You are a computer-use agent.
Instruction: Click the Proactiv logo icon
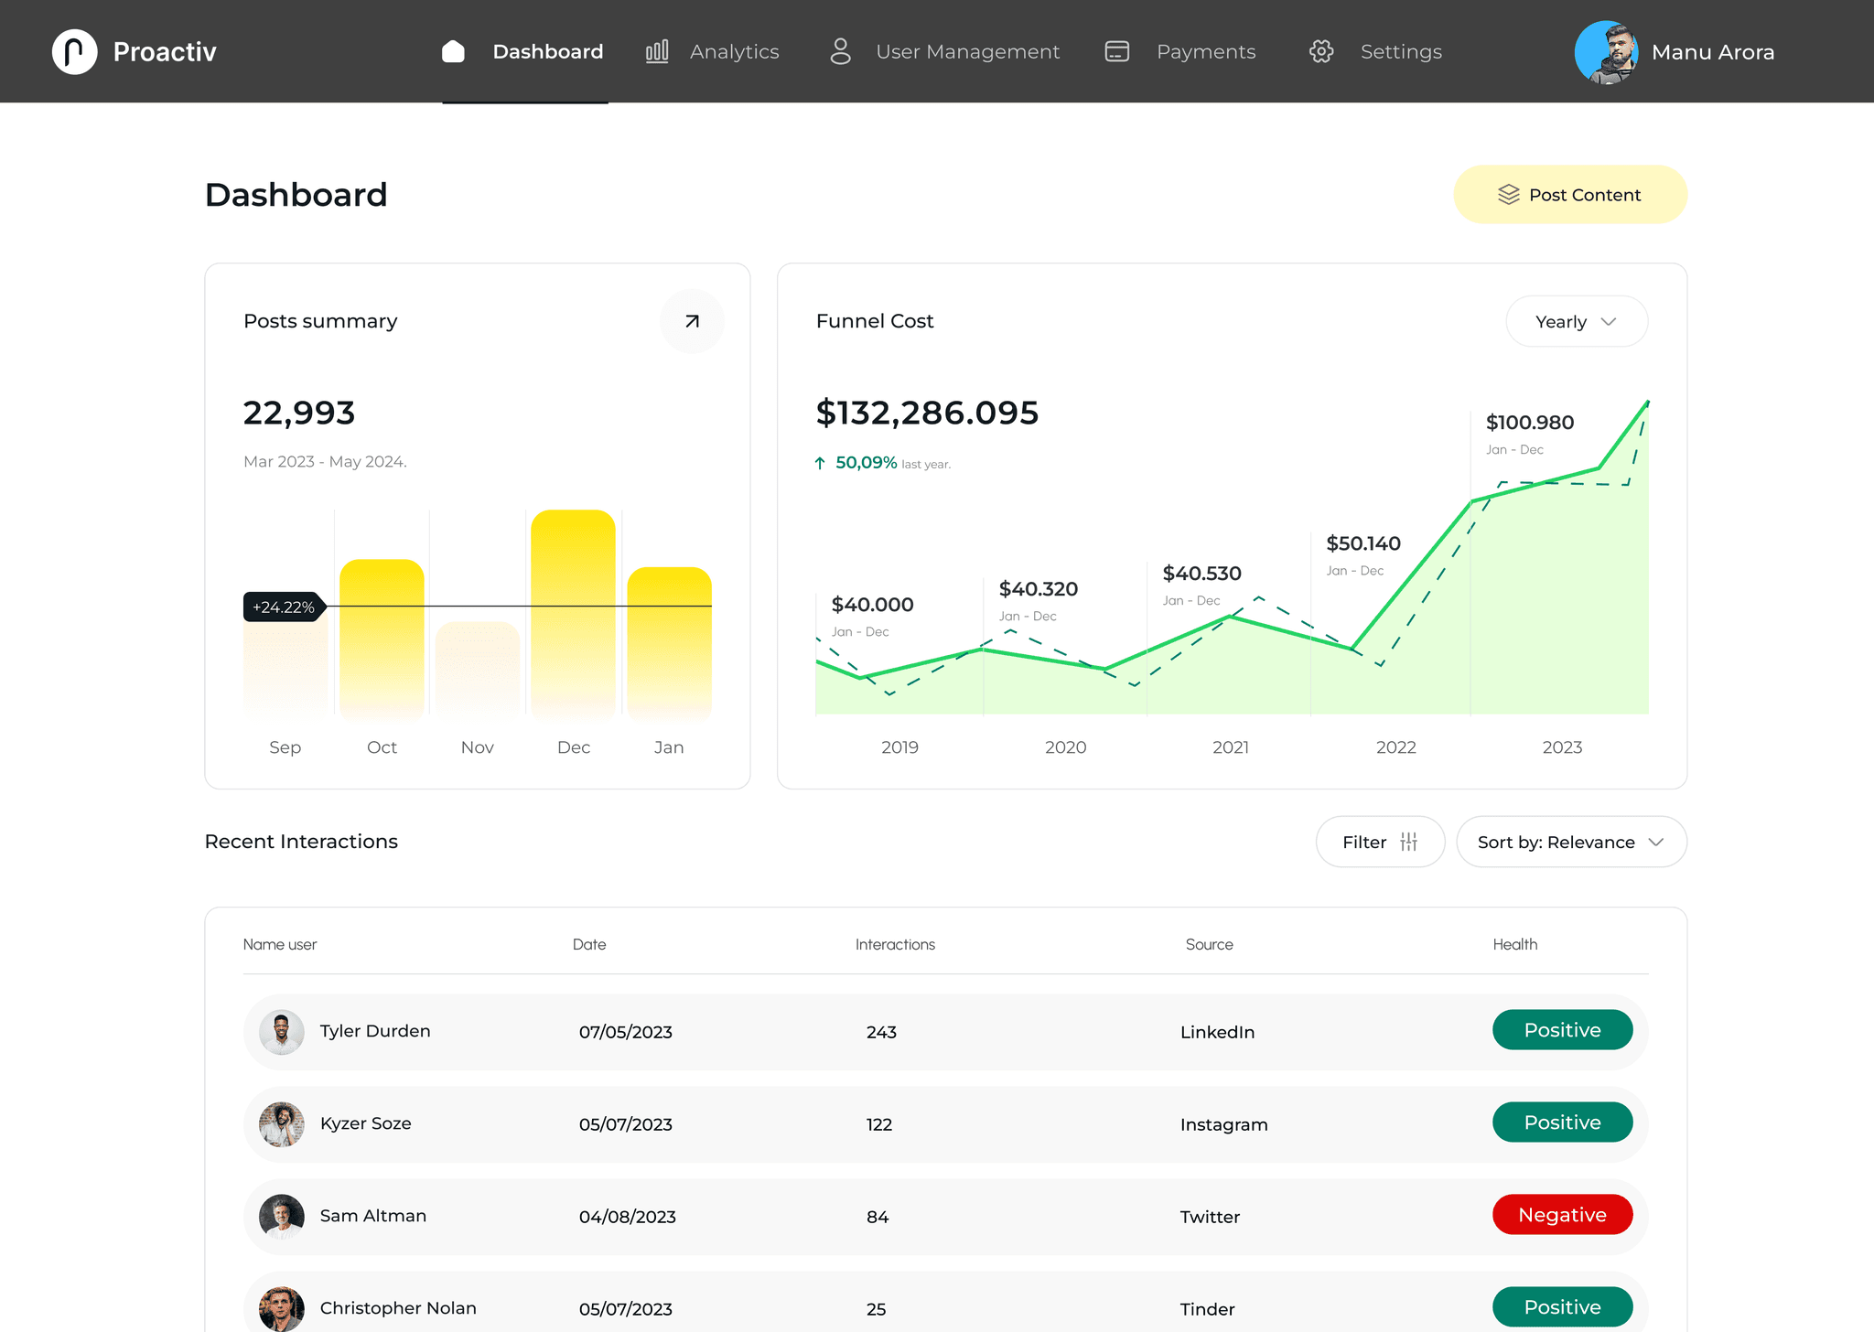pyautogui.click(x=75, y=51)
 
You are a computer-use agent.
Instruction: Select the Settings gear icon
pyautogui.click(x=1320, y=51)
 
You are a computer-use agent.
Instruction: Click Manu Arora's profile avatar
pyautogui.click(x=1606, y=52)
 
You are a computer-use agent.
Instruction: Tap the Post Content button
pyautogui.click(x=1569, y=195)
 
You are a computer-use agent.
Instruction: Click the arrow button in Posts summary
pyautogui.click(x=692, y=321)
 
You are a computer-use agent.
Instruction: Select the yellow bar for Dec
pyautogui.click(x=573, y=613)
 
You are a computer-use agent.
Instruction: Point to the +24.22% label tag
pyautogui.click(x=284, y=607)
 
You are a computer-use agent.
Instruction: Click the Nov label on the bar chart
pyautogui.click(x=477, y=747)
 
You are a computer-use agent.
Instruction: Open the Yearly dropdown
pyautogui.click(x=1576, y=322)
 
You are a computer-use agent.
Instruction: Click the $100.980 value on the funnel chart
pyautogui.click(x=1529, y=423)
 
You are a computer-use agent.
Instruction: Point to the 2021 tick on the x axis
pyautogui.click(x=1230, y=747)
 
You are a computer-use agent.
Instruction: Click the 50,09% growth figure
pyautogui.click(x=866, y=463)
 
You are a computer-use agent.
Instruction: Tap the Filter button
pyautogui.click(x=1379, y=842)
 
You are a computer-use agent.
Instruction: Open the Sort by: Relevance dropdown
pyautogui.click(x=1570, y=842)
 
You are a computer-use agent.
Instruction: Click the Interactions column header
pyautogui.click(x=895, y=944)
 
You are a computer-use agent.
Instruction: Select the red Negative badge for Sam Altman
pyautogui.click(x=1562, y=1215)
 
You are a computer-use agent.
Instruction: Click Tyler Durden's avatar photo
pyautogui.click(x=282, y=1032)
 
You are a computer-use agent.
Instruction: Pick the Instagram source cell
pyautogui.click(x=1223, y=1124)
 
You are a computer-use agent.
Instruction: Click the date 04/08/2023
pyautogui.click(x=627, y=1217)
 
